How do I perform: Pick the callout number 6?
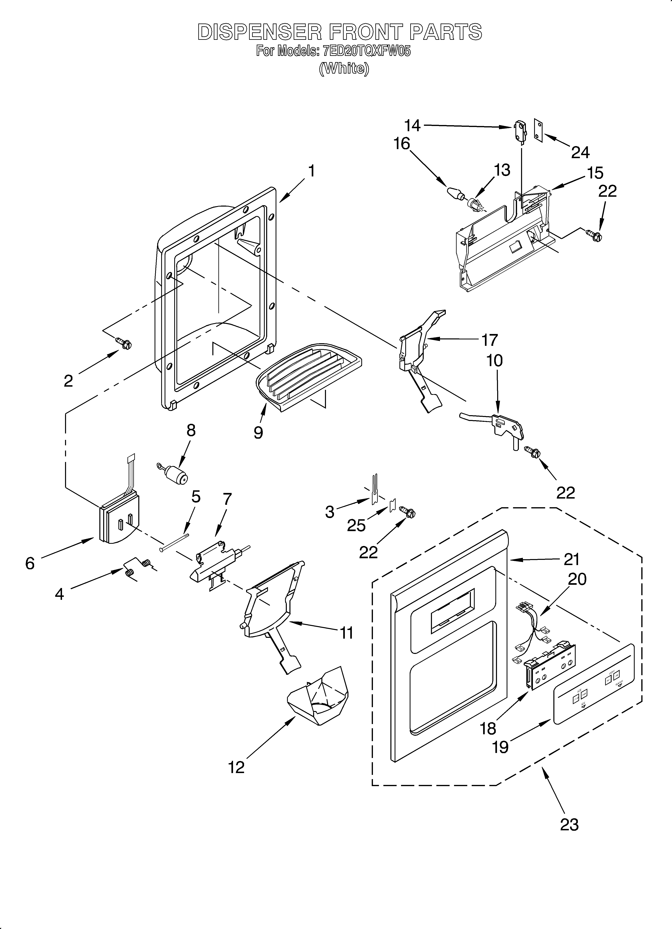[30, 564]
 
